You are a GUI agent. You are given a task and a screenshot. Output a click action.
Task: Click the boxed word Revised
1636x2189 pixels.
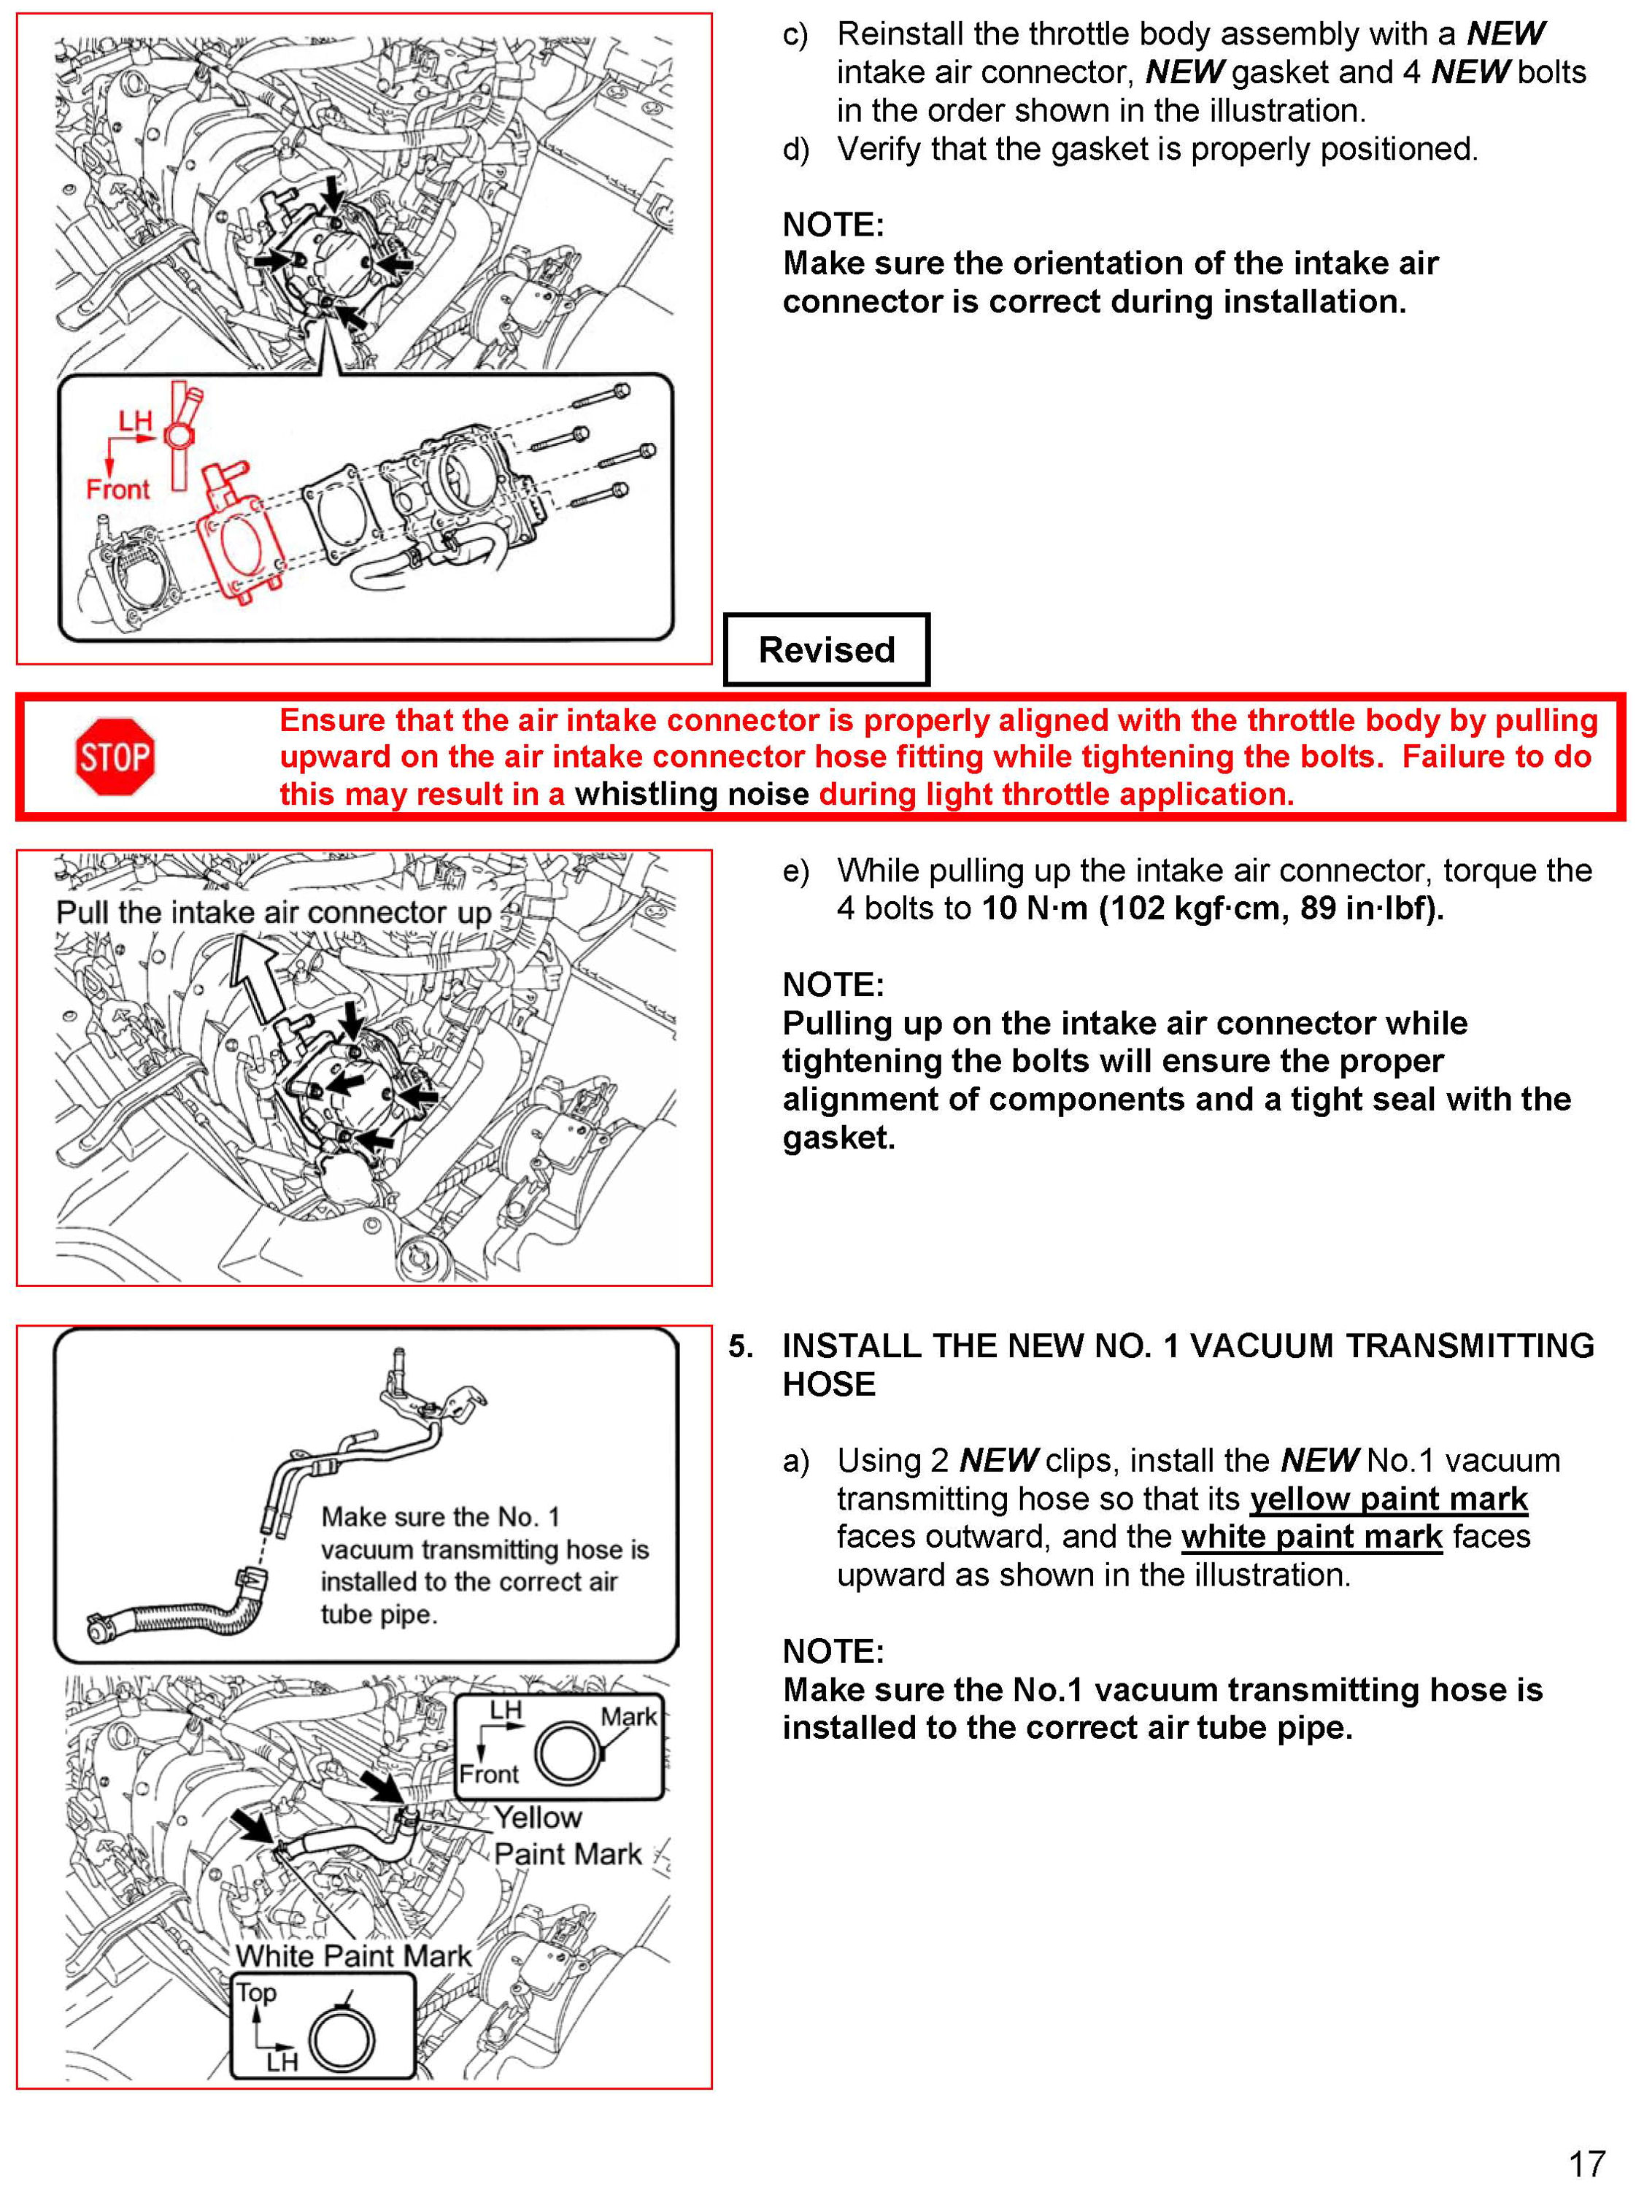(x=827, y=649)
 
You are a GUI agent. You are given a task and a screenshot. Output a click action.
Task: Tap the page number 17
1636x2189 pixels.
(x=1586, y=2163)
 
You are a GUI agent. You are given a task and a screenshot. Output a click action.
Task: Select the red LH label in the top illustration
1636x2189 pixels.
(x=136, y=422)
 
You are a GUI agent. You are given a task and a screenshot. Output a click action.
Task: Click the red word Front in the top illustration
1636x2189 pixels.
(x=117, y=489)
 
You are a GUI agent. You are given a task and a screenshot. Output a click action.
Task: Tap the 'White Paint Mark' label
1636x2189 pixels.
(x=353, y=1956)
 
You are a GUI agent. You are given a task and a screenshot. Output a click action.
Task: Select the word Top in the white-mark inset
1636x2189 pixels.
(x=256, y=1992)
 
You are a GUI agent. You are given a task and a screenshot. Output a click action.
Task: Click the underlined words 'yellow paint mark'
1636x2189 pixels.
(x=1389, y=1499)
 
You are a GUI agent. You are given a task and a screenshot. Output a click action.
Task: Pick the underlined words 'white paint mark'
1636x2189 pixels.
(x=1311, y=1537)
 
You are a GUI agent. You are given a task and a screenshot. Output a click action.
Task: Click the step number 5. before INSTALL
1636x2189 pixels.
(x=741, y=1346)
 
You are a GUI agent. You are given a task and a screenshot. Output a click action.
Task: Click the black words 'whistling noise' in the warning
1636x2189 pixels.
(x=692, y=794)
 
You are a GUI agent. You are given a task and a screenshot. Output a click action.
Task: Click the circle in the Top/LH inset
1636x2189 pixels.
(x=342, y=2041)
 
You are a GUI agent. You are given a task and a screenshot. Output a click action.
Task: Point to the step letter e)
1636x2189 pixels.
(x=795, y=870)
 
